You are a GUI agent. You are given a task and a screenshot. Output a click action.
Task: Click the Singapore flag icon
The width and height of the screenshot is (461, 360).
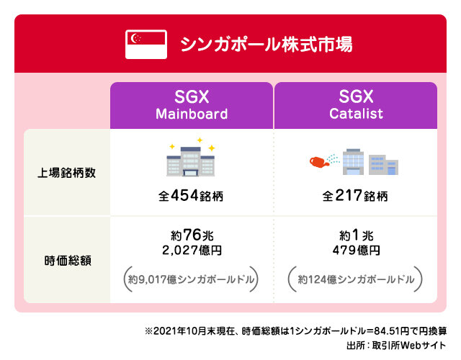point(146,45)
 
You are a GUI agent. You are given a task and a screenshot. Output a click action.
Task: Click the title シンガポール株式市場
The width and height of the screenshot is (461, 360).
point(266,45)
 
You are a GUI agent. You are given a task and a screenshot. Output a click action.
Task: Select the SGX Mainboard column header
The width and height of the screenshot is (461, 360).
point(192,105)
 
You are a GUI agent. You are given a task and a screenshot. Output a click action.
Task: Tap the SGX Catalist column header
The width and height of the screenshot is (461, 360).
point(356,105)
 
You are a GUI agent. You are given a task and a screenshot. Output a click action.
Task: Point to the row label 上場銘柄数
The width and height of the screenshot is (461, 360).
point(67,173)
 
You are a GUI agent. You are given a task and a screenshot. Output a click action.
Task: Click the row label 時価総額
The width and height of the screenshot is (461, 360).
point(68,261)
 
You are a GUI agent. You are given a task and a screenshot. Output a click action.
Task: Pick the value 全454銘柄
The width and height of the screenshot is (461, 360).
point(191,195)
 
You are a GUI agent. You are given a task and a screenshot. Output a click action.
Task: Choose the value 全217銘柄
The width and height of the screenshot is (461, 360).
point(355,195)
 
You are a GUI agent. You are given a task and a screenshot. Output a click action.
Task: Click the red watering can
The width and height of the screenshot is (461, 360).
point(319,162)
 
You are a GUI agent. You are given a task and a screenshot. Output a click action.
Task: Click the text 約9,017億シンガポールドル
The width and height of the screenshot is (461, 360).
point(191,279)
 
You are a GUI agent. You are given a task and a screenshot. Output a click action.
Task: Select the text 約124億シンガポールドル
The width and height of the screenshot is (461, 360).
point(356,279)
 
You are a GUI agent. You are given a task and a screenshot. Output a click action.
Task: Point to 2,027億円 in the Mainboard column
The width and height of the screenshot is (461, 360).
point(192,251)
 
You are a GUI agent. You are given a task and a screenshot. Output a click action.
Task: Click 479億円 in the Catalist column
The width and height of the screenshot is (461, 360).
point(356,251)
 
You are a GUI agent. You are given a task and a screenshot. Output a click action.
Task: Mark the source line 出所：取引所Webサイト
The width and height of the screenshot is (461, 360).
point(396,345)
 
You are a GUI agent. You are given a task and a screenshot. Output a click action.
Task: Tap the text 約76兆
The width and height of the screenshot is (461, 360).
point(192,235)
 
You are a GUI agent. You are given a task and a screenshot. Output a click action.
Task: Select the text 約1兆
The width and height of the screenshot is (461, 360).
point(356,235)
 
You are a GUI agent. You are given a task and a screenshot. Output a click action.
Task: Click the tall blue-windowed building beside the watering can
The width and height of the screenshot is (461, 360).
point(353,161)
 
